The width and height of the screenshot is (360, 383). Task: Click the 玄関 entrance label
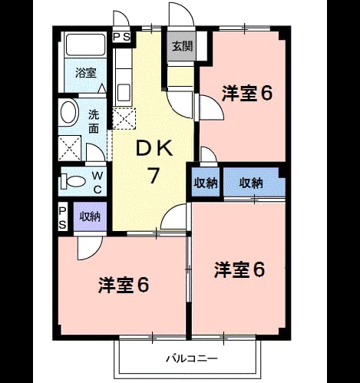tap(182, 46)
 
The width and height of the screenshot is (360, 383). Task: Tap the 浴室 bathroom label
tap(86, 73)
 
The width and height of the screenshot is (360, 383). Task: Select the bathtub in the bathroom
tap(86, 45)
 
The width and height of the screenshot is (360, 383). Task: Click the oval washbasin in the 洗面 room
tap(68, 113)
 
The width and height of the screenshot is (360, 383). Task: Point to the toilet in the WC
tap(73, 181)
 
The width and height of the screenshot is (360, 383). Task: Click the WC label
tap(97, 183)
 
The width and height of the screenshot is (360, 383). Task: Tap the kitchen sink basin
tap(124, 93)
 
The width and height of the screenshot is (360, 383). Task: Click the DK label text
tap(154, 148)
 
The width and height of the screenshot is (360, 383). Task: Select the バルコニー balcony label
tap(192, 358)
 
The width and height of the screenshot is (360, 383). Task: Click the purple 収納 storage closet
tap(90, 216)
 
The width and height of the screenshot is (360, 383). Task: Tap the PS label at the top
tap(122, 38)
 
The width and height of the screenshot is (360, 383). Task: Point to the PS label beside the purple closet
tap(63, 218)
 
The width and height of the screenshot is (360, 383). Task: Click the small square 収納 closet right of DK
tap(206, 182)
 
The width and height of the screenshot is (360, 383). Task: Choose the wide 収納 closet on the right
tap(254, 182)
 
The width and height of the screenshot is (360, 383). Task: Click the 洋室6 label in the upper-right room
tap(246, 94)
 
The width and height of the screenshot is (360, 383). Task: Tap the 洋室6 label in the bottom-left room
tap(124, 285)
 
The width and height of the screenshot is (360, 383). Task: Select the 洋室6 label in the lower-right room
tap(239, 270)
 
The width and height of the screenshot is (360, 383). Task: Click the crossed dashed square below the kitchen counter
tap(124, 119)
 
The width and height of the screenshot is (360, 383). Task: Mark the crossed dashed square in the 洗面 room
tap(70, 148)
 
